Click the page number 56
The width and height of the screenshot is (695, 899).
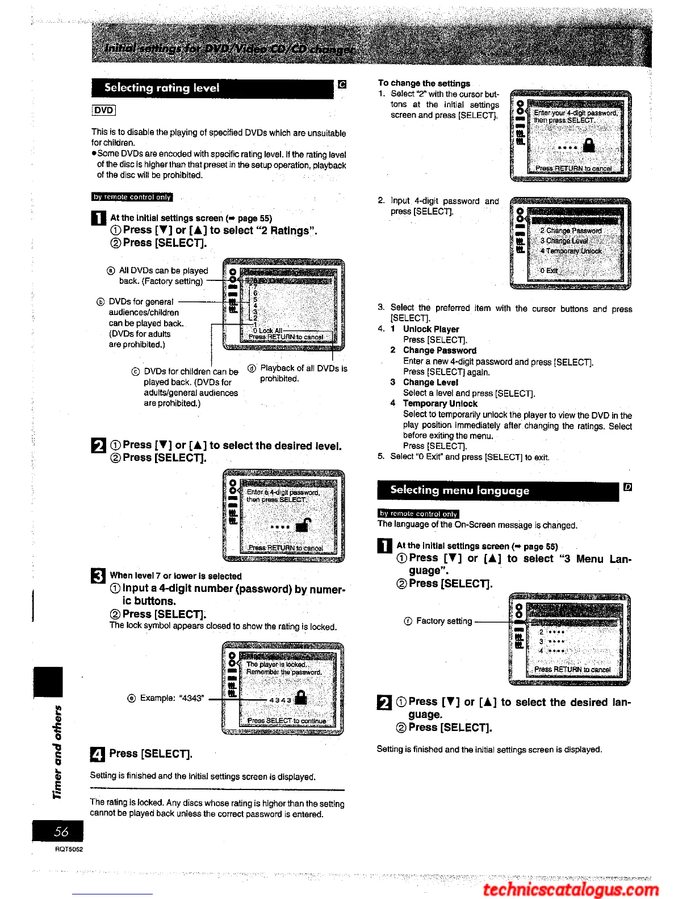61,831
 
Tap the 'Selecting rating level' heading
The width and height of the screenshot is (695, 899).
162,88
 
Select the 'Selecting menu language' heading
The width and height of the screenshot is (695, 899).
459,490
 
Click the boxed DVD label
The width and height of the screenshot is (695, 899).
103,111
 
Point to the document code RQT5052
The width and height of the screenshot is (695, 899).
69,849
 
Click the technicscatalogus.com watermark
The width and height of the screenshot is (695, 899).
570,889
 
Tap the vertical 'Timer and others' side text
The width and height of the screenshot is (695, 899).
57,752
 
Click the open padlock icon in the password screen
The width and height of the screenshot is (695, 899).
304,525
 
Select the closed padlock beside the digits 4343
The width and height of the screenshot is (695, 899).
301,698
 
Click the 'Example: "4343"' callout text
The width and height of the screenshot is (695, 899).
165,698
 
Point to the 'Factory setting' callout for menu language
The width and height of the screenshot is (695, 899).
443,621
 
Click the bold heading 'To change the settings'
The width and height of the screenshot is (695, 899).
424,83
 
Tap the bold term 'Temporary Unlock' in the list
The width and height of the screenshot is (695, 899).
440,404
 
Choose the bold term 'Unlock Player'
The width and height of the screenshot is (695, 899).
431,329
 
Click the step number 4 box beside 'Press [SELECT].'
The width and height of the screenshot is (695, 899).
98,754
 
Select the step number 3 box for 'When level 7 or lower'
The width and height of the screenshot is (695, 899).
98,577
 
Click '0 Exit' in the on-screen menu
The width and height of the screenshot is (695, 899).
549,271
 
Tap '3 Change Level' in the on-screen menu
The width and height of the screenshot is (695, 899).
564,241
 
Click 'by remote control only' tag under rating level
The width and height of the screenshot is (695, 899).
132,197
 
